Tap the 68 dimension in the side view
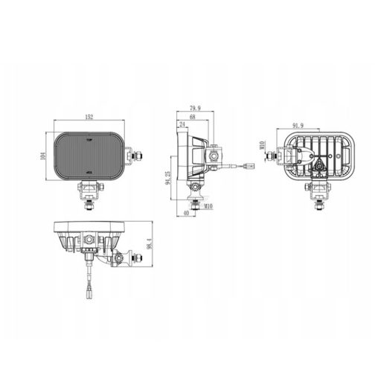point(193,117)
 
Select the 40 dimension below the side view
point(185,213)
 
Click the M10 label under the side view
point(208,206)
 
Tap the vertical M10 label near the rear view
point(262,147)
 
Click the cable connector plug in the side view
point(243,166)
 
